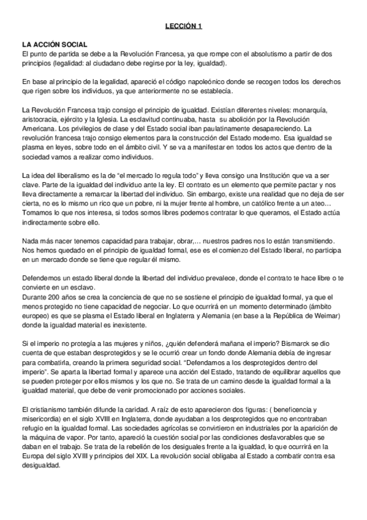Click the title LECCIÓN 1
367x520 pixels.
(183, 27)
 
